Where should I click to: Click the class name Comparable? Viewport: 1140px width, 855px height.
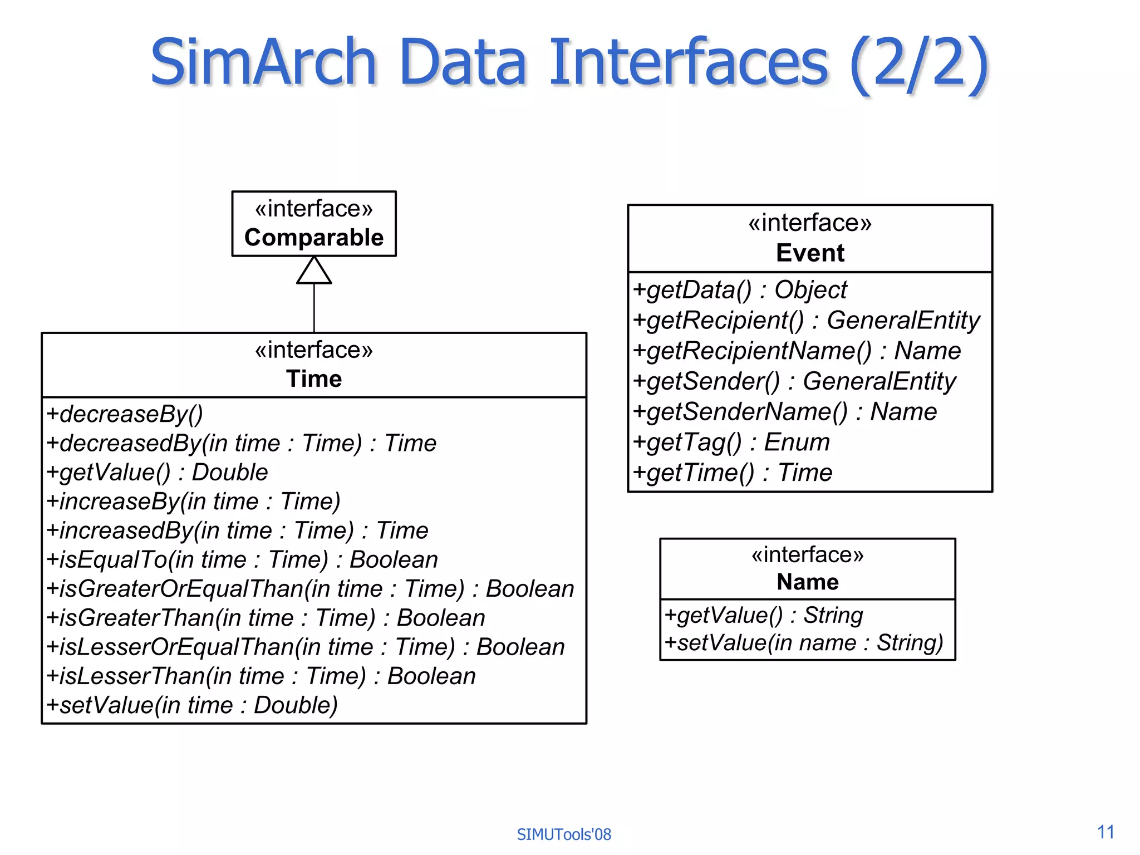[314, 238]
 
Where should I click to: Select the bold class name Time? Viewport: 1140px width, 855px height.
[314, 379]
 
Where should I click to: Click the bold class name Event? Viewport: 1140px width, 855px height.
[810, 253]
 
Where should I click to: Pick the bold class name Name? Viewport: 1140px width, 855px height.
[808, 582]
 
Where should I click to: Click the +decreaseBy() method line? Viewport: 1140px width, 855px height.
[125, 414]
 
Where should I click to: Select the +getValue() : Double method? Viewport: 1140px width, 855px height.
[157, 473]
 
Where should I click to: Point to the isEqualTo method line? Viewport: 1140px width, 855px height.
[242, 560]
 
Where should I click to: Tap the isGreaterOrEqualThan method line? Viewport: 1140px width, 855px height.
[310, 589]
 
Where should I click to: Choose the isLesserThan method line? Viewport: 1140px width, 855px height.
[261, 676]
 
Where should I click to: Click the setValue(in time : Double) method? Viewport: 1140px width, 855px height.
[192, 705]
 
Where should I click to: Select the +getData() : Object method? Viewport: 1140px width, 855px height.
[740, 290]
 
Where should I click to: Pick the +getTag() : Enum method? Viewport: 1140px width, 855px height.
[731, 443]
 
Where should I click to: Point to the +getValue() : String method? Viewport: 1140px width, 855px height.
[764, 616]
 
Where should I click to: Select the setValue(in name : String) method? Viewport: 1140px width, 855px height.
[804, 643]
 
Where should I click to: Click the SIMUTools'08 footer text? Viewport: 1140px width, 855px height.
[564, 834]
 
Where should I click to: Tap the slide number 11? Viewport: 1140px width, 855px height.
[1105, 832]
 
